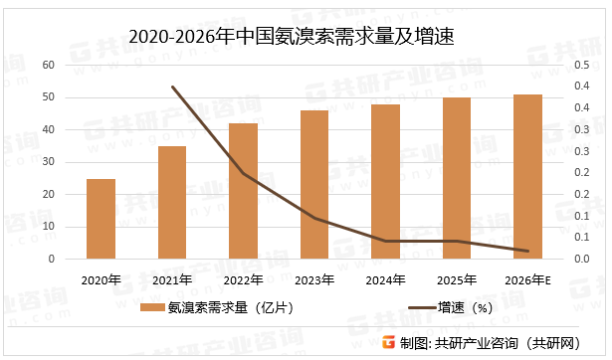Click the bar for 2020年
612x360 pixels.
[x=101, y=219]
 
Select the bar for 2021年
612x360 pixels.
[x=172, y=203]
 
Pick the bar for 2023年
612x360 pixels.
[x=314, y=185]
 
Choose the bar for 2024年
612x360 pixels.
[x=385, y=182]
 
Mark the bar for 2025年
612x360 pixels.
[x=457, y=178]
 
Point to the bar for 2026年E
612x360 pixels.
[x=527, y=177]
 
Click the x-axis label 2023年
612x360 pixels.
[x=314, y=280]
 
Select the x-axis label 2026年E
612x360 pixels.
[x=528, y=280]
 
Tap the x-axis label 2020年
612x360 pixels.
[x=101, y=280]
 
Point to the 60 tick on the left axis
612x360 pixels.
[x=49, y=65]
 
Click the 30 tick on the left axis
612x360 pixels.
[x=49, y=162]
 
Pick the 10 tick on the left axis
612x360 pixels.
[x=49, y=227]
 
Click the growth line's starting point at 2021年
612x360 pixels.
[x=172, y=87]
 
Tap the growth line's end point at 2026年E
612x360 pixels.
[x=527, y=251]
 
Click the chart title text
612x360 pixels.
[x=305, y=34]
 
